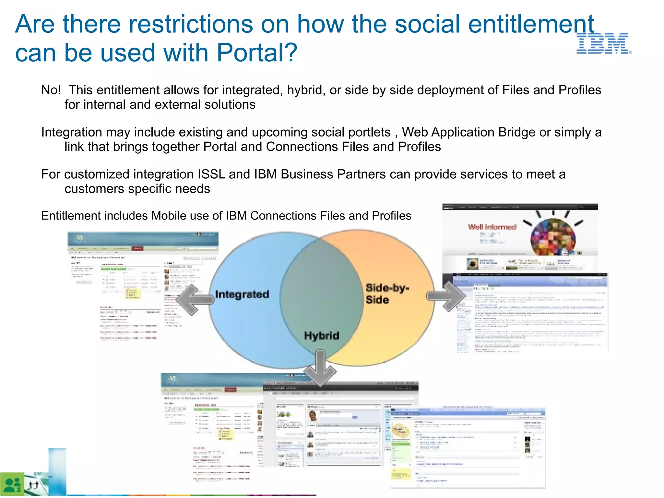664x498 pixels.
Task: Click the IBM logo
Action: [x=603, y=43]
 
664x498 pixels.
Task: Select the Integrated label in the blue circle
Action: [x=242, y=294]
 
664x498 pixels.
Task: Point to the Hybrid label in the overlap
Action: [x=322, y=335]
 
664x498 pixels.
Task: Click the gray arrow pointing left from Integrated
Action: [x=195, y=300]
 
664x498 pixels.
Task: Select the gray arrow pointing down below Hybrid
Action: [x=320, y=368]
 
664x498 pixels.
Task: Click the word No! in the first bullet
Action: [x=51, y=90]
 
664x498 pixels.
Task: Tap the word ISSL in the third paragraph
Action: [x=211, y=174]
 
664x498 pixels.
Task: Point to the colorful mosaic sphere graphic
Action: [x=553, y=237]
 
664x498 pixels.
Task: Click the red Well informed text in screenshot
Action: [x=492, y=227]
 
